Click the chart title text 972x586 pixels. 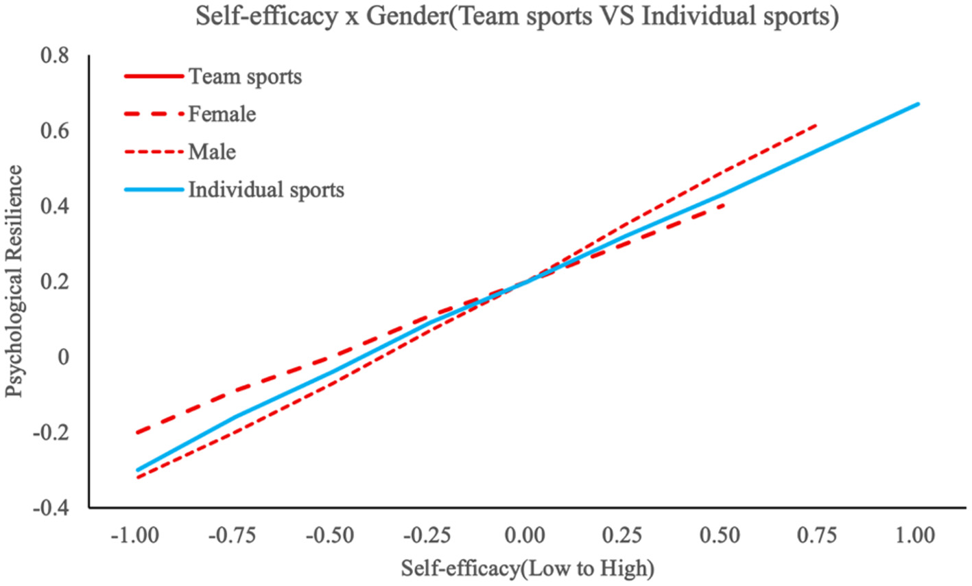(x=517, y=16)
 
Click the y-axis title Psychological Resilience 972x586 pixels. (x=14, y=281)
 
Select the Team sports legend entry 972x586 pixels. (x=245, y=76)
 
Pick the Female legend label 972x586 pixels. (x=222, y=114)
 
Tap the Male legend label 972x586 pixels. (x=212, y=152)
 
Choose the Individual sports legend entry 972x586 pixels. (x=266, y=189)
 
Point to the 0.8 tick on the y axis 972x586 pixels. (x=54, y=56)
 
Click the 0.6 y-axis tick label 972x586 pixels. (x=54, y=131)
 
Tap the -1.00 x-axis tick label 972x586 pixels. (x=135, y=535)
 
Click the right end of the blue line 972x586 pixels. (x=918, y=104)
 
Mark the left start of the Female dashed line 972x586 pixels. (x=137, y=433)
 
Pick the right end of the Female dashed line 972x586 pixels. (x=723, y=204)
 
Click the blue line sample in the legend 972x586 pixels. (x=154, y=189)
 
